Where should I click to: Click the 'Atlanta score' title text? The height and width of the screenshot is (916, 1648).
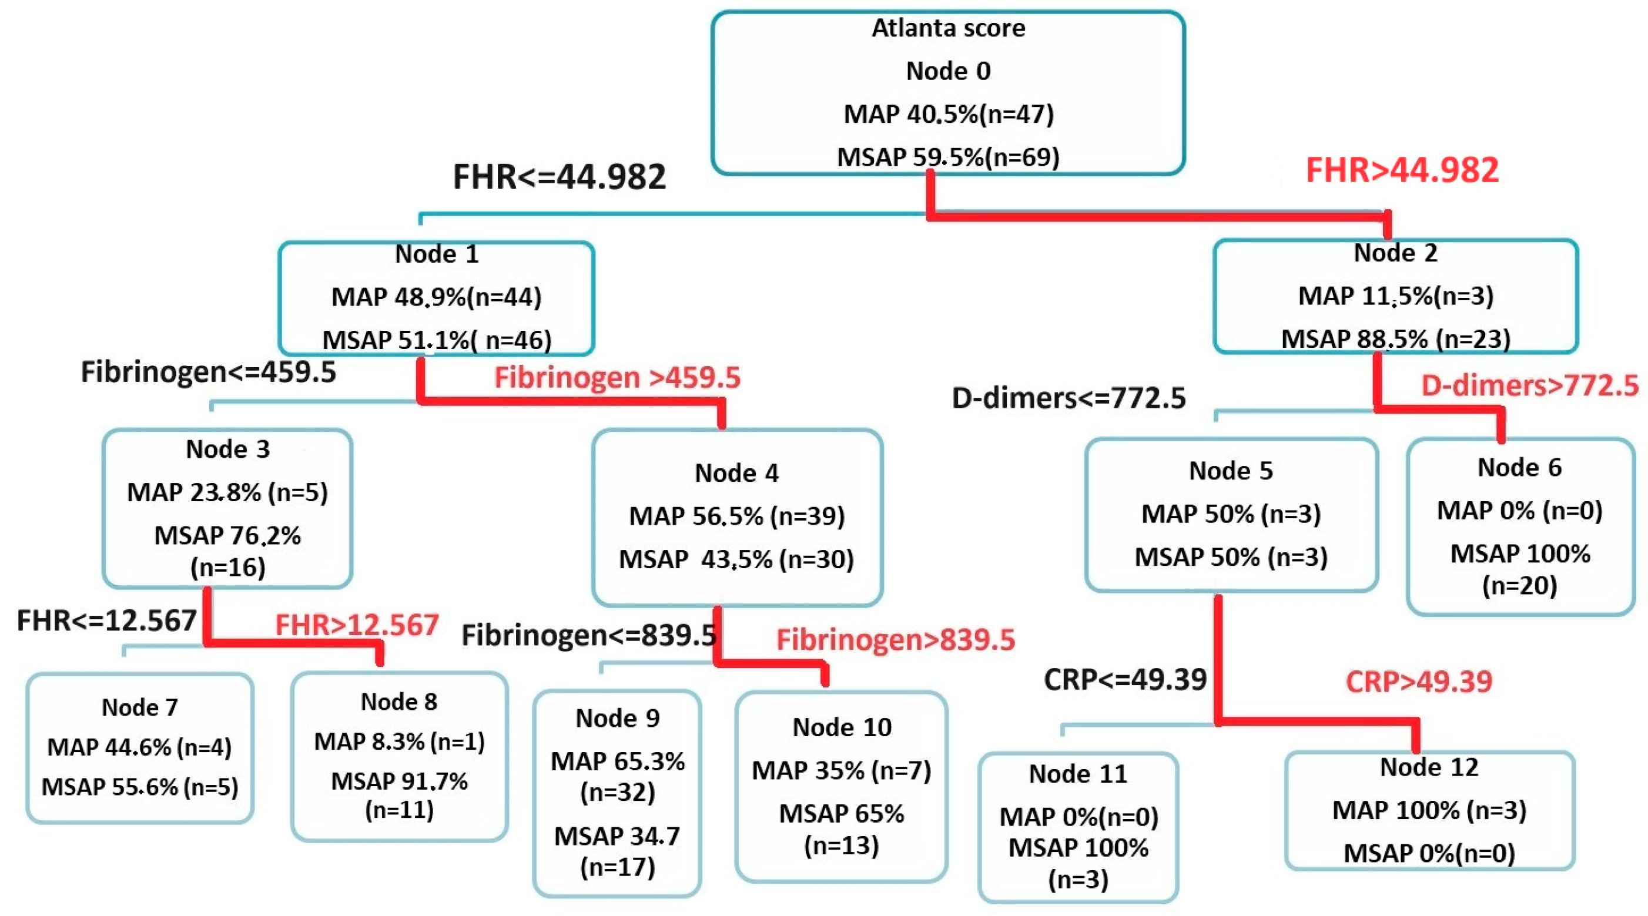[948, 28]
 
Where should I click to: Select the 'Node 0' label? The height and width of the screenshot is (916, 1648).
[948, 71]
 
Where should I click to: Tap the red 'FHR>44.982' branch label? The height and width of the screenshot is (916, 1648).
[1402, 171]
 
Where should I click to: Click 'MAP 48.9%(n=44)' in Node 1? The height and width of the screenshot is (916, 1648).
[436, 297]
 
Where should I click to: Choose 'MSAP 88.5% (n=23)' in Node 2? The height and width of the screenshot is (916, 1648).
[1395, 339]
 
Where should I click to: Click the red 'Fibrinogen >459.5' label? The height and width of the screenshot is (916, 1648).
[617, 377]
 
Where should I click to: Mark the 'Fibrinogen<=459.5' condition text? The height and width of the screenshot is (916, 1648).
[208, 372]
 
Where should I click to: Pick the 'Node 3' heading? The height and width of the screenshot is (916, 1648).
[228, 449]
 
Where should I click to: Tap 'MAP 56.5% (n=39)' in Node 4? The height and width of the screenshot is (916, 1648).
[736, 515]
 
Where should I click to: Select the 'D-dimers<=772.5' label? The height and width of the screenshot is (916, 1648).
[1068, 398]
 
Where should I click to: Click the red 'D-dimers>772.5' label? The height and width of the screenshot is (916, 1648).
[1530, 385]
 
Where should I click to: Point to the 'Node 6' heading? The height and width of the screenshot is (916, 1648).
[1519, 468]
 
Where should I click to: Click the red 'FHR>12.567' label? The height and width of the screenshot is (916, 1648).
[356, 625]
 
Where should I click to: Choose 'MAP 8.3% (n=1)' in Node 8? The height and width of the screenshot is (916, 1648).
[399, 741]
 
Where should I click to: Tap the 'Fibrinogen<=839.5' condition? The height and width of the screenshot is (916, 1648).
[588, 635]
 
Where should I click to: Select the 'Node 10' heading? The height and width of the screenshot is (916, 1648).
[841, 727]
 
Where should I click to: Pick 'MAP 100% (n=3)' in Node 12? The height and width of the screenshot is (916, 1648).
[1429, 810]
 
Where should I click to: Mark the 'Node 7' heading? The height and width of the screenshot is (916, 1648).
[139, 707]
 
